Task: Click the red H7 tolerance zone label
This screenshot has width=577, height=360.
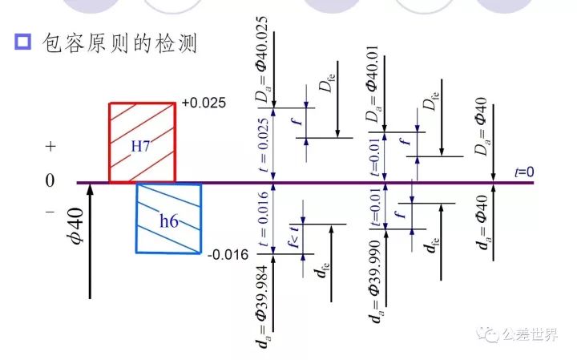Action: point(140,146)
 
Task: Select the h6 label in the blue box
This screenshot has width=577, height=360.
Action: point(169,220)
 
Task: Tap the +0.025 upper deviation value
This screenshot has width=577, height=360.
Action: point(204,103)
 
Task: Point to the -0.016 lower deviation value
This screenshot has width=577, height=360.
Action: point(228,255)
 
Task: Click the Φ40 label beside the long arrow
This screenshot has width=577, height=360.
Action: point(75,225)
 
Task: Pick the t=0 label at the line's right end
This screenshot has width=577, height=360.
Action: point(524,172)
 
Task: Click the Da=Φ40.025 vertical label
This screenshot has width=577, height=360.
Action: point(262,59)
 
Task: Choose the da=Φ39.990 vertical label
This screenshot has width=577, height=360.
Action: point(375,281)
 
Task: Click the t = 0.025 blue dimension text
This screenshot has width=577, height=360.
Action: point(264,145)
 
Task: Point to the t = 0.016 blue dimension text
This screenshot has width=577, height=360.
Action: point(264,219)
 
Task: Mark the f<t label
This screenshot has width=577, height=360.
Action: point(294,236)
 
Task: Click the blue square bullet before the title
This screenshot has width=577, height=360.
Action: point(22,42)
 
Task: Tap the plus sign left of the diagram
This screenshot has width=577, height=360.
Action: point(50,147)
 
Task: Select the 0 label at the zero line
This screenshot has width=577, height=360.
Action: point(50,180)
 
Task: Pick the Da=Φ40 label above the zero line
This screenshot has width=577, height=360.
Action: point(482,126)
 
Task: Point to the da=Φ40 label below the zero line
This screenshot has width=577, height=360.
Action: point(482,222)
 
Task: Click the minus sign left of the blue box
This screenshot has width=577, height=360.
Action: point(50,212)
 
